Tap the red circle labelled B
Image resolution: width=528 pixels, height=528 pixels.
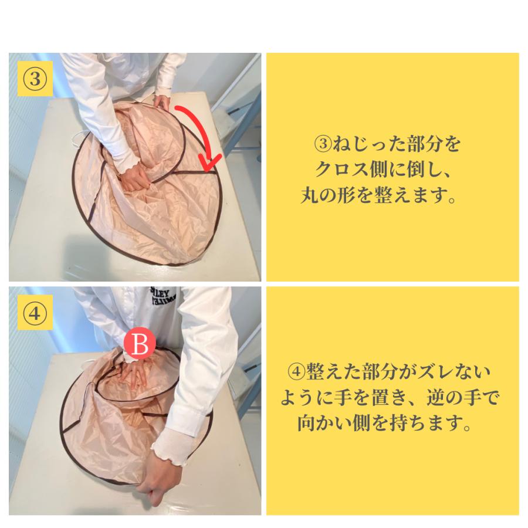point(140,344)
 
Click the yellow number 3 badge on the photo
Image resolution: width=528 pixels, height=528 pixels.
point(35,79)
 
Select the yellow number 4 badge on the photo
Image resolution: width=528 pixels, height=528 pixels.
point(35,313)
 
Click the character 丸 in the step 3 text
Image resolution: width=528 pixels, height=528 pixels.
point(309,195)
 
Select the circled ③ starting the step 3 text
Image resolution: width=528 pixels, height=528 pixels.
point(323,144)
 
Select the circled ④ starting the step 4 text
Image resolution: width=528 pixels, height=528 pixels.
point(297,372)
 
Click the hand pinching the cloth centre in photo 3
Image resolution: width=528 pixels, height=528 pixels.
point(135,177)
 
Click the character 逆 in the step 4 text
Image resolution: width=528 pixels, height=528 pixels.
point(436,397)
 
